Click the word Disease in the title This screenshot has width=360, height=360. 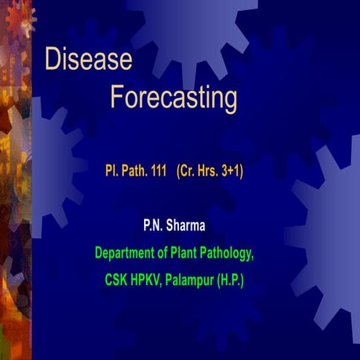(88, 60)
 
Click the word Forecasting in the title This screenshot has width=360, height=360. (173, 97)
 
